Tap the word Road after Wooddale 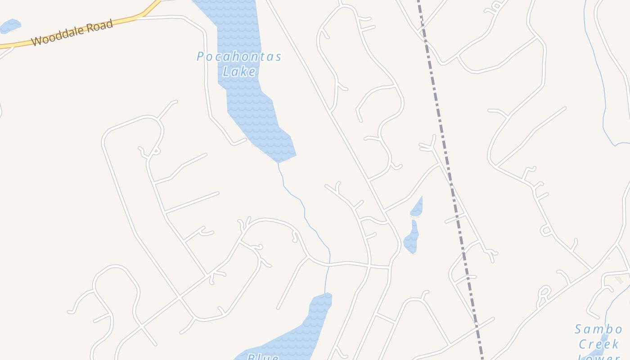point(98,26)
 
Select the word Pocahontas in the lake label point(239,57)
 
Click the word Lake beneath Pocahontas point(239,71)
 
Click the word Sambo point(598,329)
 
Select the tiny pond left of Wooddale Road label point(10,26)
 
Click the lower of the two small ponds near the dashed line point(411,238)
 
